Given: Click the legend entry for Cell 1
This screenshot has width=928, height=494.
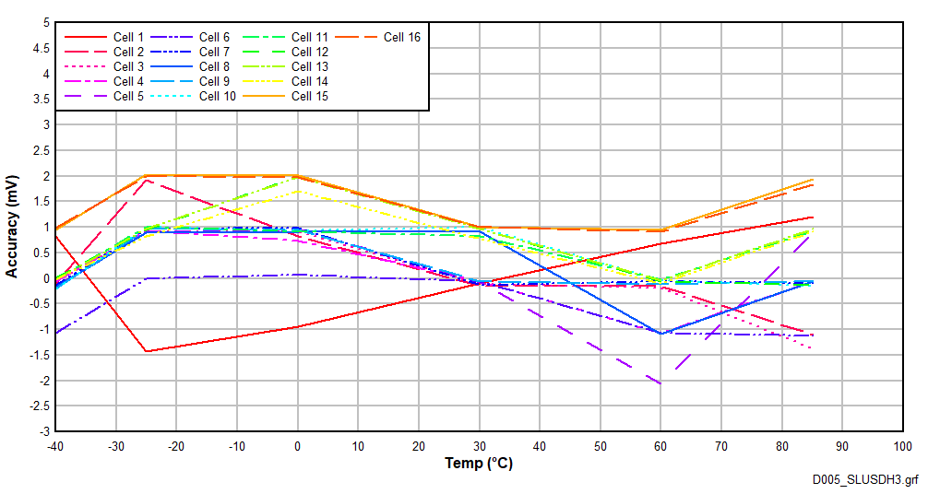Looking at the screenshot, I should pos(128,37).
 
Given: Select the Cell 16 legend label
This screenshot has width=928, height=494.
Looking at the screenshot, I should pos(401,37).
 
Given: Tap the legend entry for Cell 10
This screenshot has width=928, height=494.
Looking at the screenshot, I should pos(217,96).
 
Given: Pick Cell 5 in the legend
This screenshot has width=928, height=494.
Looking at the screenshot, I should pos(128,96).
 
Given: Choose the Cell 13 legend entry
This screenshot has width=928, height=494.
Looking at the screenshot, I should pos(309,66).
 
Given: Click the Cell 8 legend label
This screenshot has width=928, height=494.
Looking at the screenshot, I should pos(214,66).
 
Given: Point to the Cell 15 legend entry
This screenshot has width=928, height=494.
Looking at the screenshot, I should pos(309,96).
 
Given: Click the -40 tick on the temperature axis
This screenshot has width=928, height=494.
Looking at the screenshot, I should pos(55,446).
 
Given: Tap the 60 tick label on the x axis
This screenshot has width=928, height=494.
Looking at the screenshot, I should pos(660,446).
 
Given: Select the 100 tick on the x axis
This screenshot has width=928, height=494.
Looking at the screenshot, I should pos(902,446).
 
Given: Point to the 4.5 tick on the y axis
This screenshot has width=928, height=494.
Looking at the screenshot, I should pos(42,48).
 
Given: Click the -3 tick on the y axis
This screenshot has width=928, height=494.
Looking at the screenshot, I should pos(43,431).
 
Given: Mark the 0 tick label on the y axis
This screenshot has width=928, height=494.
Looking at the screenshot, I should pos(45,278).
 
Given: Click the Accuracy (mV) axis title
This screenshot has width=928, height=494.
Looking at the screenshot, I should pos(12,227).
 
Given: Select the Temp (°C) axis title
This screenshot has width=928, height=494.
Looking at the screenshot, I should pos(478,464).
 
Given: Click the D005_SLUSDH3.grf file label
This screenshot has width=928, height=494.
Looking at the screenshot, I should pos(864,480).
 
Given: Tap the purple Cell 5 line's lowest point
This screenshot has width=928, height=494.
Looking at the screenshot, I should pos(660,382).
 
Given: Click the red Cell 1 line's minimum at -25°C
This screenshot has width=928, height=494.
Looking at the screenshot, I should pos(147,351).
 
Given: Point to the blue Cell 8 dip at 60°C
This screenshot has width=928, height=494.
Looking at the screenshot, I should pos(660,333).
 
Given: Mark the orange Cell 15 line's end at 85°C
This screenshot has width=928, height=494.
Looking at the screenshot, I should pos(813,180).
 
